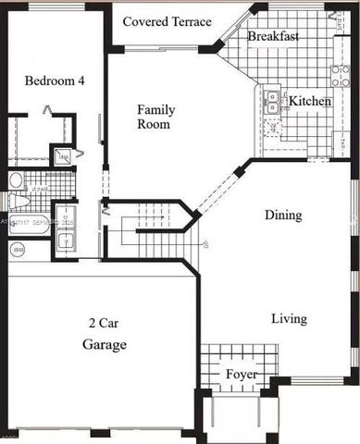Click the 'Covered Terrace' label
tap(167, 21)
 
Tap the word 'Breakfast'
tap(273, 37)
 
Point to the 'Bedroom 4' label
tap(55, 80)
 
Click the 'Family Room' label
tap(155, 117)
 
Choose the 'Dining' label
tap(282, 216)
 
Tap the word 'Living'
tap(289, 319)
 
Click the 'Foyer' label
tap(242, 374)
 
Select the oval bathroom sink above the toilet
tap(16, 179)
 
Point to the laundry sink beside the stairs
tap(66, 241)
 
